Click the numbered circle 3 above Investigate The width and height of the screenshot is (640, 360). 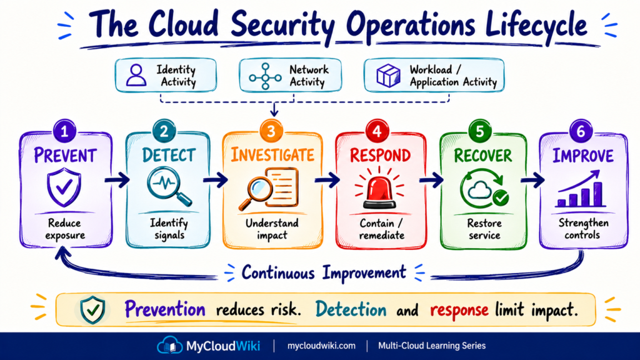(271, 131)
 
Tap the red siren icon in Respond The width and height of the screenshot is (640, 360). (379, 188)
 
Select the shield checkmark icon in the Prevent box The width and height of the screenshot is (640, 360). (64, 187)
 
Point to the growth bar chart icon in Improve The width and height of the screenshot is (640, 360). (579, 189)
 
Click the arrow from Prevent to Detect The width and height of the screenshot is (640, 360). (117, 180)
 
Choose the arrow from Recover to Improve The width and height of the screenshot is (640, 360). (532, 179)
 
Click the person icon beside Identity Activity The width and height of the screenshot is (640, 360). (136, 75)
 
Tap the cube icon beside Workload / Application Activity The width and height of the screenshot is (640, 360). (388, 76)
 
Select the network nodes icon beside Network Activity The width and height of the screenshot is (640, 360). (265, 76)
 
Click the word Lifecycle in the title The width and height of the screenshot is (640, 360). (536, 24)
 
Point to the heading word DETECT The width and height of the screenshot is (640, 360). (169, 156)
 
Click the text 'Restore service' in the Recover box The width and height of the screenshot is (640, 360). (484, 229)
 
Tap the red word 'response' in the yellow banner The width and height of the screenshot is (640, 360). (459, 310)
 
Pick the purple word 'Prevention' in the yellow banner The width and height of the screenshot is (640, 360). (165, 309)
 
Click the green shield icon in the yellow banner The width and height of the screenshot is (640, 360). (92, 310)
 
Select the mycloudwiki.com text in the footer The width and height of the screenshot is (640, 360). (321, 346)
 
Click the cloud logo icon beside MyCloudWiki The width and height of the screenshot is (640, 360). (170, 345)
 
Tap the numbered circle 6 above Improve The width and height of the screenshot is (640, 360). (581, 131)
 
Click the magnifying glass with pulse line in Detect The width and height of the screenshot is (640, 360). (169, 187)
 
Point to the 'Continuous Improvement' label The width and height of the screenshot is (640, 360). (324, 272)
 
